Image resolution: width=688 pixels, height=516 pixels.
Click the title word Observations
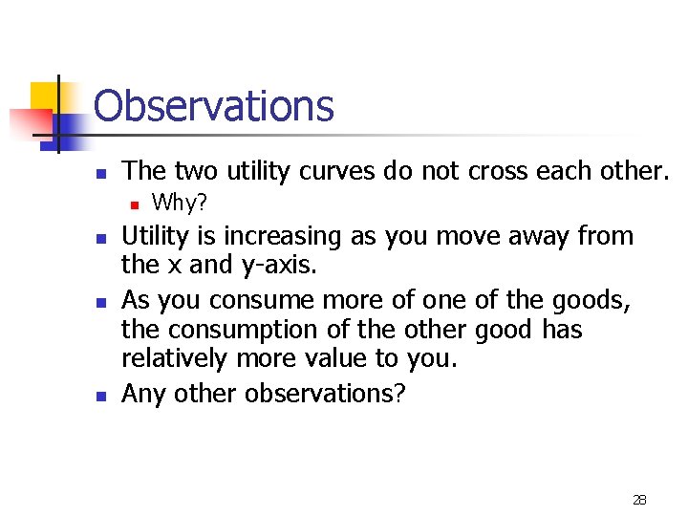coord(214,106)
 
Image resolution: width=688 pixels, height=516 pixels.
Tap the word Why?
coord(180,203)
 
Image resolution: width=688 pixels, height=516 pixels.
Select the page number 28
coord(639,500)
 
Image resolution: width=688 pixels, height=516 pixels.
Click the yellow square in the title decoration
coord(45,97)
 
